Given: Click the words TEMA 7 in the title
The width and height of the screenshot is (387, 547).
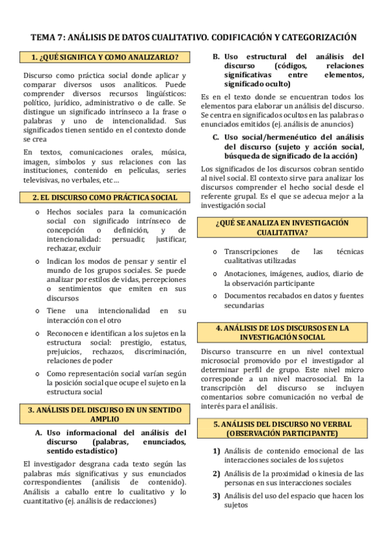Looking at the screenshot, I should (x=47, y=38).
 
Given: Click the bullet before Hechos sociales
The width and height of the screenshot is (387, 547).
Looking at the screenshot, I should (x=39, y=212).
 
